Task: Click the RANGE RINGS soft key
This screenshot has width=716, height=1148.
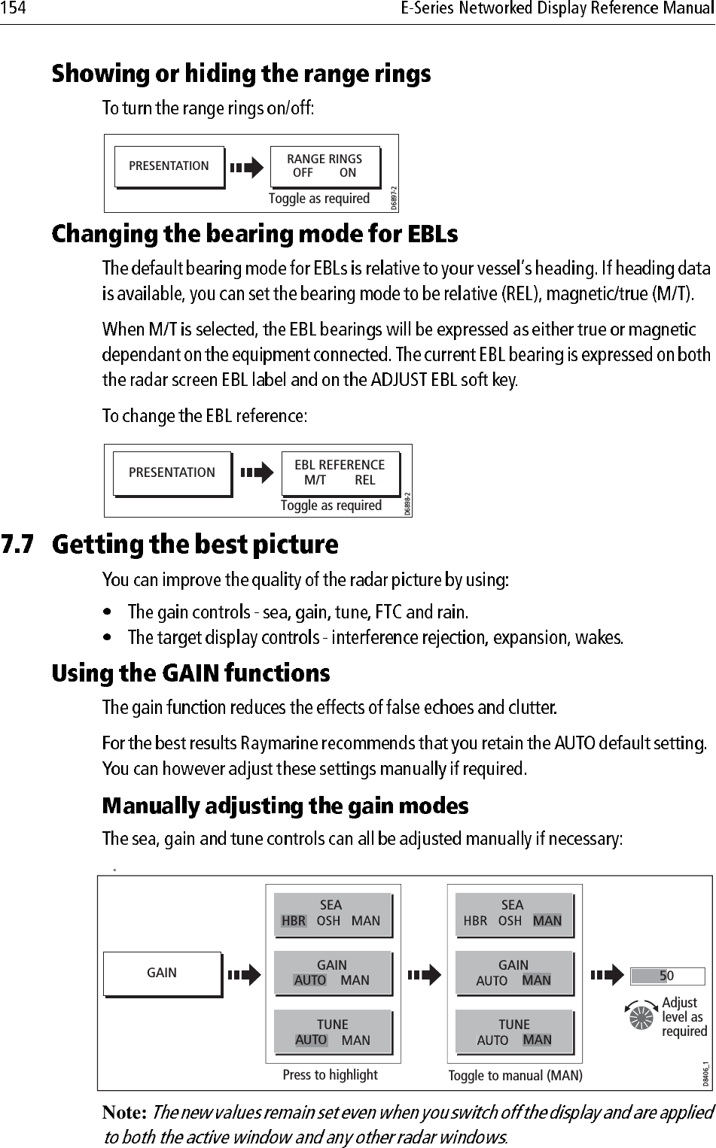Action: (x=324, y=166)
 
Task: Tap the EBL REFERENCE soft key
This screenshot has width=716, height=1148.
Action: (x=340, y=472)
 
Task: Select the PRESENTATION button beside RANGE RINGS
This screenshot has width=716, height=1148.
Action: (x=169, y=166)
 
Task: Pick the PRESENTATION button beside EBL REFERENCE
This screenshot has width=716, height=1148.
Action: (x=172, y=473)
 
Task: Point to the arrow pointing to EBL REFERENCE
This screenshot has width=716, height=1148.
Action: (x=257, y=473)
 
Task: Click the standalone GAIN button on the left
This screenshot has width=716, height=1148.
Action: (x=162, y=973)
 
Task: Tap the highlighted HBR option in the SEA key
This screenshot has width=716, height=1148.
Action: (x=294, y=921)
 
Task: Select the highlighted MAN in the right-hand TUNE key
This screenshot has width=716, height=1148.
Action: (x=537, y=1040)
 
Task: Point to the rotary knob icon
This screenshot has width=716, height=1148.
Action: (x=641, y=1016)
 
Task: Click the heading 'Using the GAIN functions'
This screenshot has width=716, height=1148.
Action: (x=190, y=673)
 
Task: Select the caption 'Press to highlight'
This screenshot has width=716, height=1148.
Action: (x=330, y=1075)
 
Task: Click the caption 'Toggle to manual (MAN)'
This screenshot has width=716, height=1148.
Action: (x=516, y=1076)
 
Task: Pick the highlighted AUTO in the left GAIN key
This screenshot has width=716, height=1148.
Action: (x=310, y=980)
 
